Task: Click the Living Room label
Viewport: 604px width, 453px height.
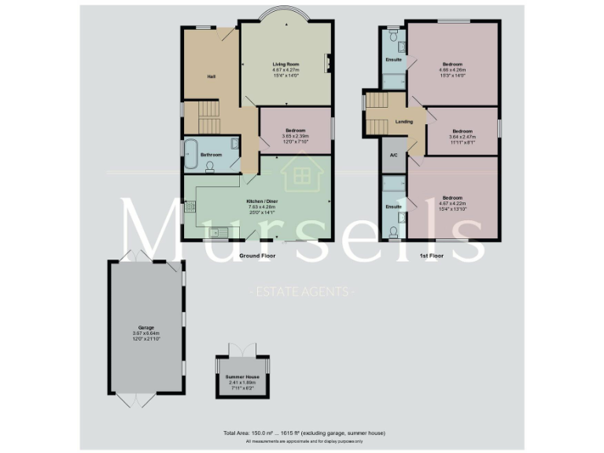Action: pos(286,64)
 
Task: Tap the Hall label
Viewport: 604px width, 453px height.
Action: pos(212,76)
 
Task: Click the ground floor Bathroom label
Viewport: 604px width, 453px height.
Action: pos(212,155)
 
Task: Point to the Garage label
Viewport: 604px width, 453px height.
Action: pos(146,327)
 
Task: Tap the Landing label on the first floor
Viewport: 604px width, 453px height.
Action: pos(404,122)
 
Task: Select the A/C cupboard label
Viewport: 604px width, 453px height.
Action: pos(393,155)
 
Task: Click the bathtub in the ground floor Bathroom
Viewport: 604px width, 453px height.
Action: pos(191,154)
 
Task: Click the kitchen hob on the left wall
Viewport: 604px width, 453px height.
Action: pos(190,208)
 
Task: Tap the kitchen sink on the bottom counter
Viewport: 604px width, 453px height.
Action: pos(223,231)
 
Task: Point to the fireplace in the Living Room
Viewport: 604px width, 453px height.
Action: pos(329,63)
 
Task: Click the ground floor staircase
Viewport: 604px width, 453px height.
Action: pos(210,118)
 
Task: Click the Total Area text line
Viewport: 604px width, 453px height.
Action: pos(304,433)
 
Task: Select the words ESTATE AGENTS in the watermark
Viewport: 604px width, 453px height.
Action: pos(303,292)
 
